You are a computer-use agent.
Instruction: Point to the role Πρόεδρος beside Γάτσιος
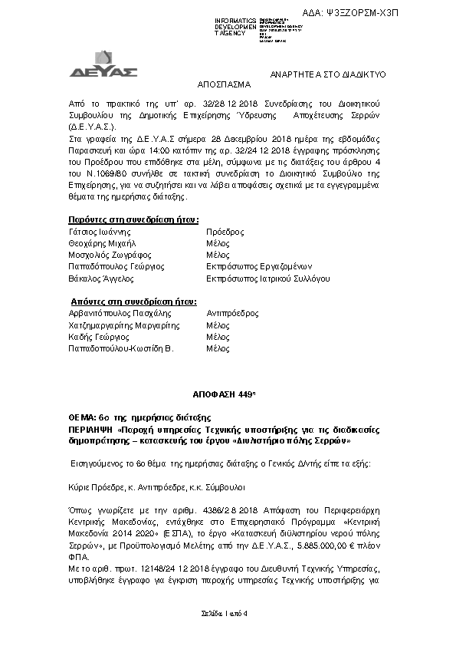click(225, 231)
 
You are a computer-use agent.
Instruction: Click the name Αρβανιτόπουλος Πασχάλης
click(120, 313)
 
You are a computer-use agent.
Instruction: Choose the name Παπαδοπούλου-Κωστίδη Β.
click(122, 348)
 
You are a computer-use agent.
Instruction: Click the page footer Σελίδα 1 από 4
click(227, 613)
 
